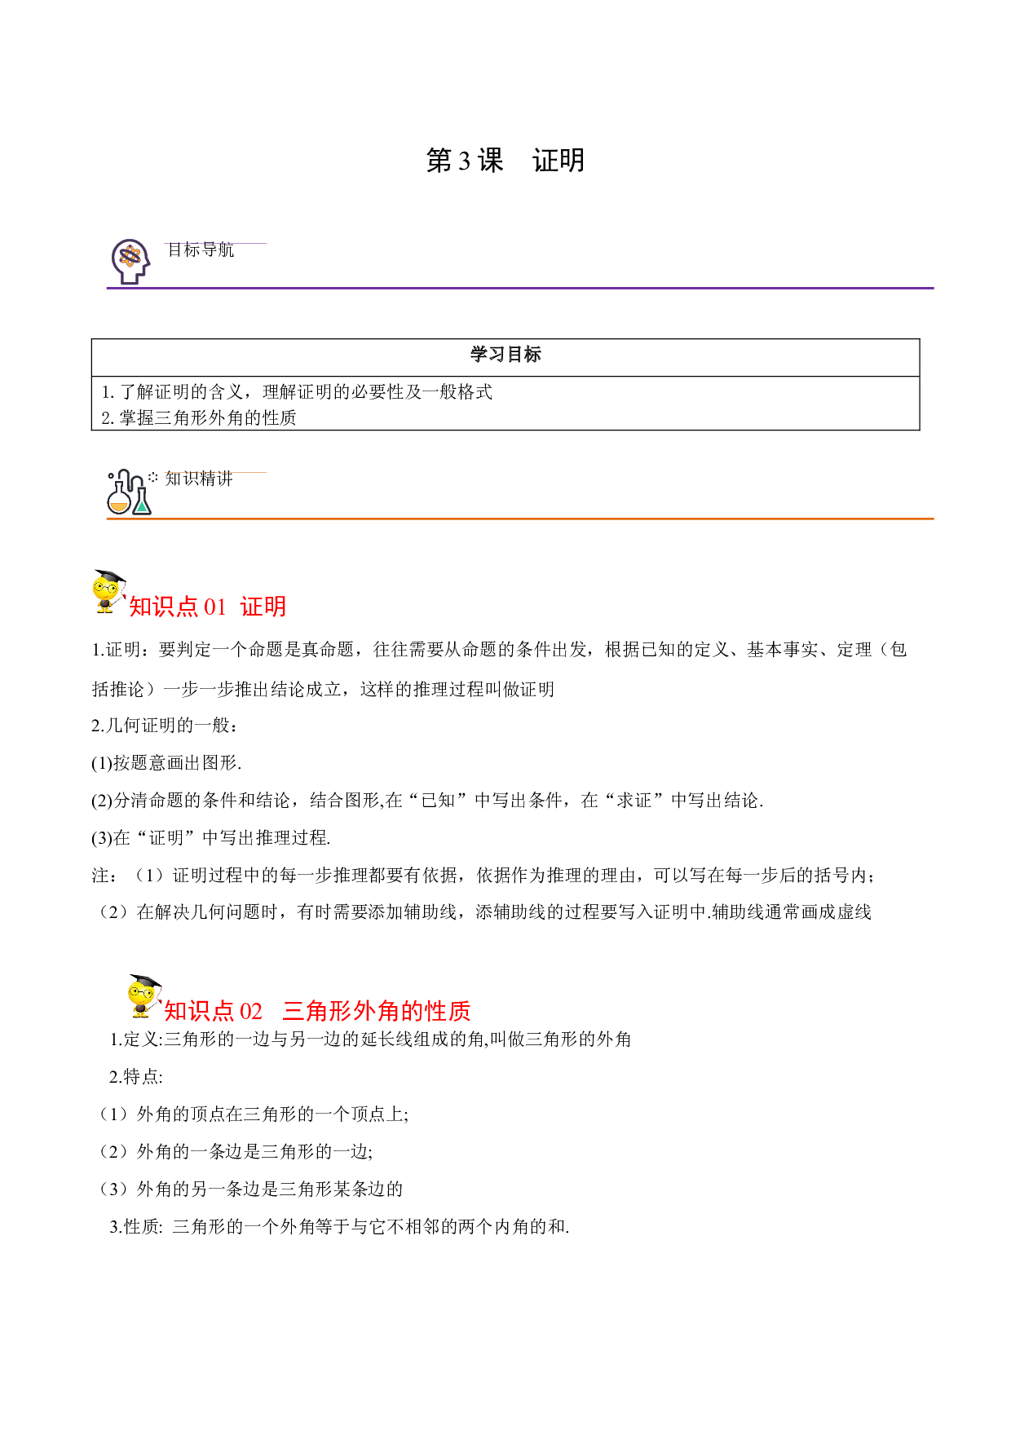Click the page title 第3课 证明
505,161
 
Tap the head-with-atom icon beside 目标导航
130,261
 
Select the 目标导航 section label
201,249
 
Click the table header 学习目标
505,355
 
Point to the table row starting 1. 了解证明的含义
297,392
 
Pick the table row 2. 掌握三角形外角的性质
199,418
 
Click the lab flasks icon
130,492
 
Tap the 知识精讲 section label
199,479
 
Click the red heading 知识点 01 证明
207,607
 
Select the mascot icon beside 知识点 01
108,591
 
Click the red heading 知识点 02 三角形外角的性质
317,1011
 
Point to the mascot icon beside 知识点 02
144,995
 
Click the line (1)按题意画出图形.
166,763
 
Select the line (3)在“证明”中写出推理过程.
211,838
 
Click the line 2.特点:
136,1077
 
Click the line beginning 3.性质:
339,1227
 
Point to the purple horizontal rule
520,288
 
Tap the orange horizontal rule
520,519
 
